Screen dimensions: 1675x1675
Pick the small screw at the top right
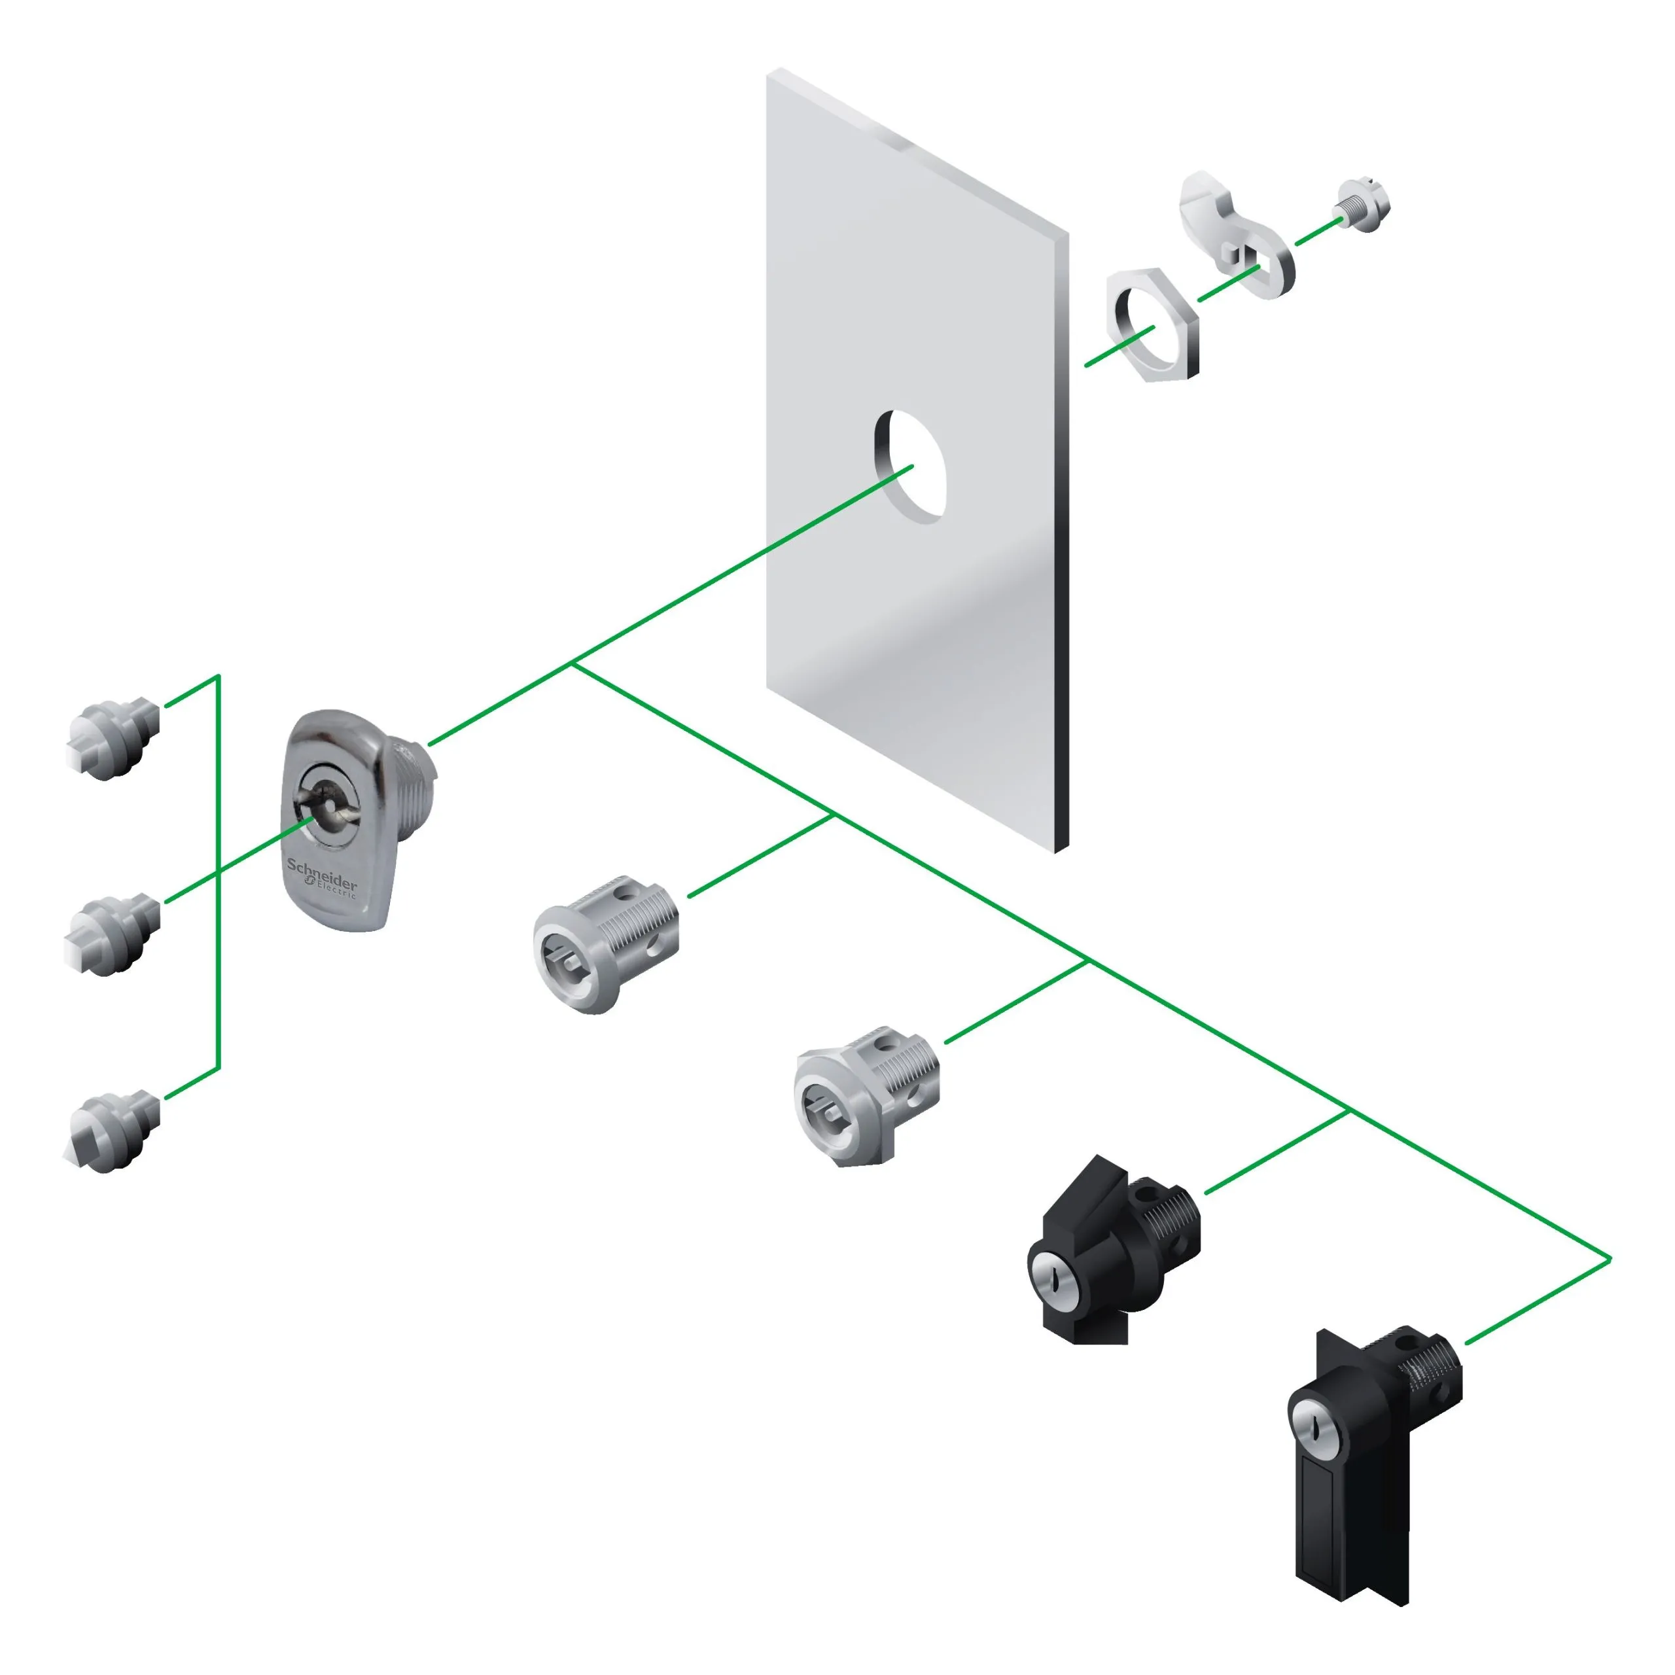(1364, 206)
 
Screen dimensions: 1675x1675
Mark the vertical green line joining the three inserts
(219, 872)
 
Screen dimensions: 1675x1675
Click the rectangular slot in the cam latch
(1248, 255)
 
